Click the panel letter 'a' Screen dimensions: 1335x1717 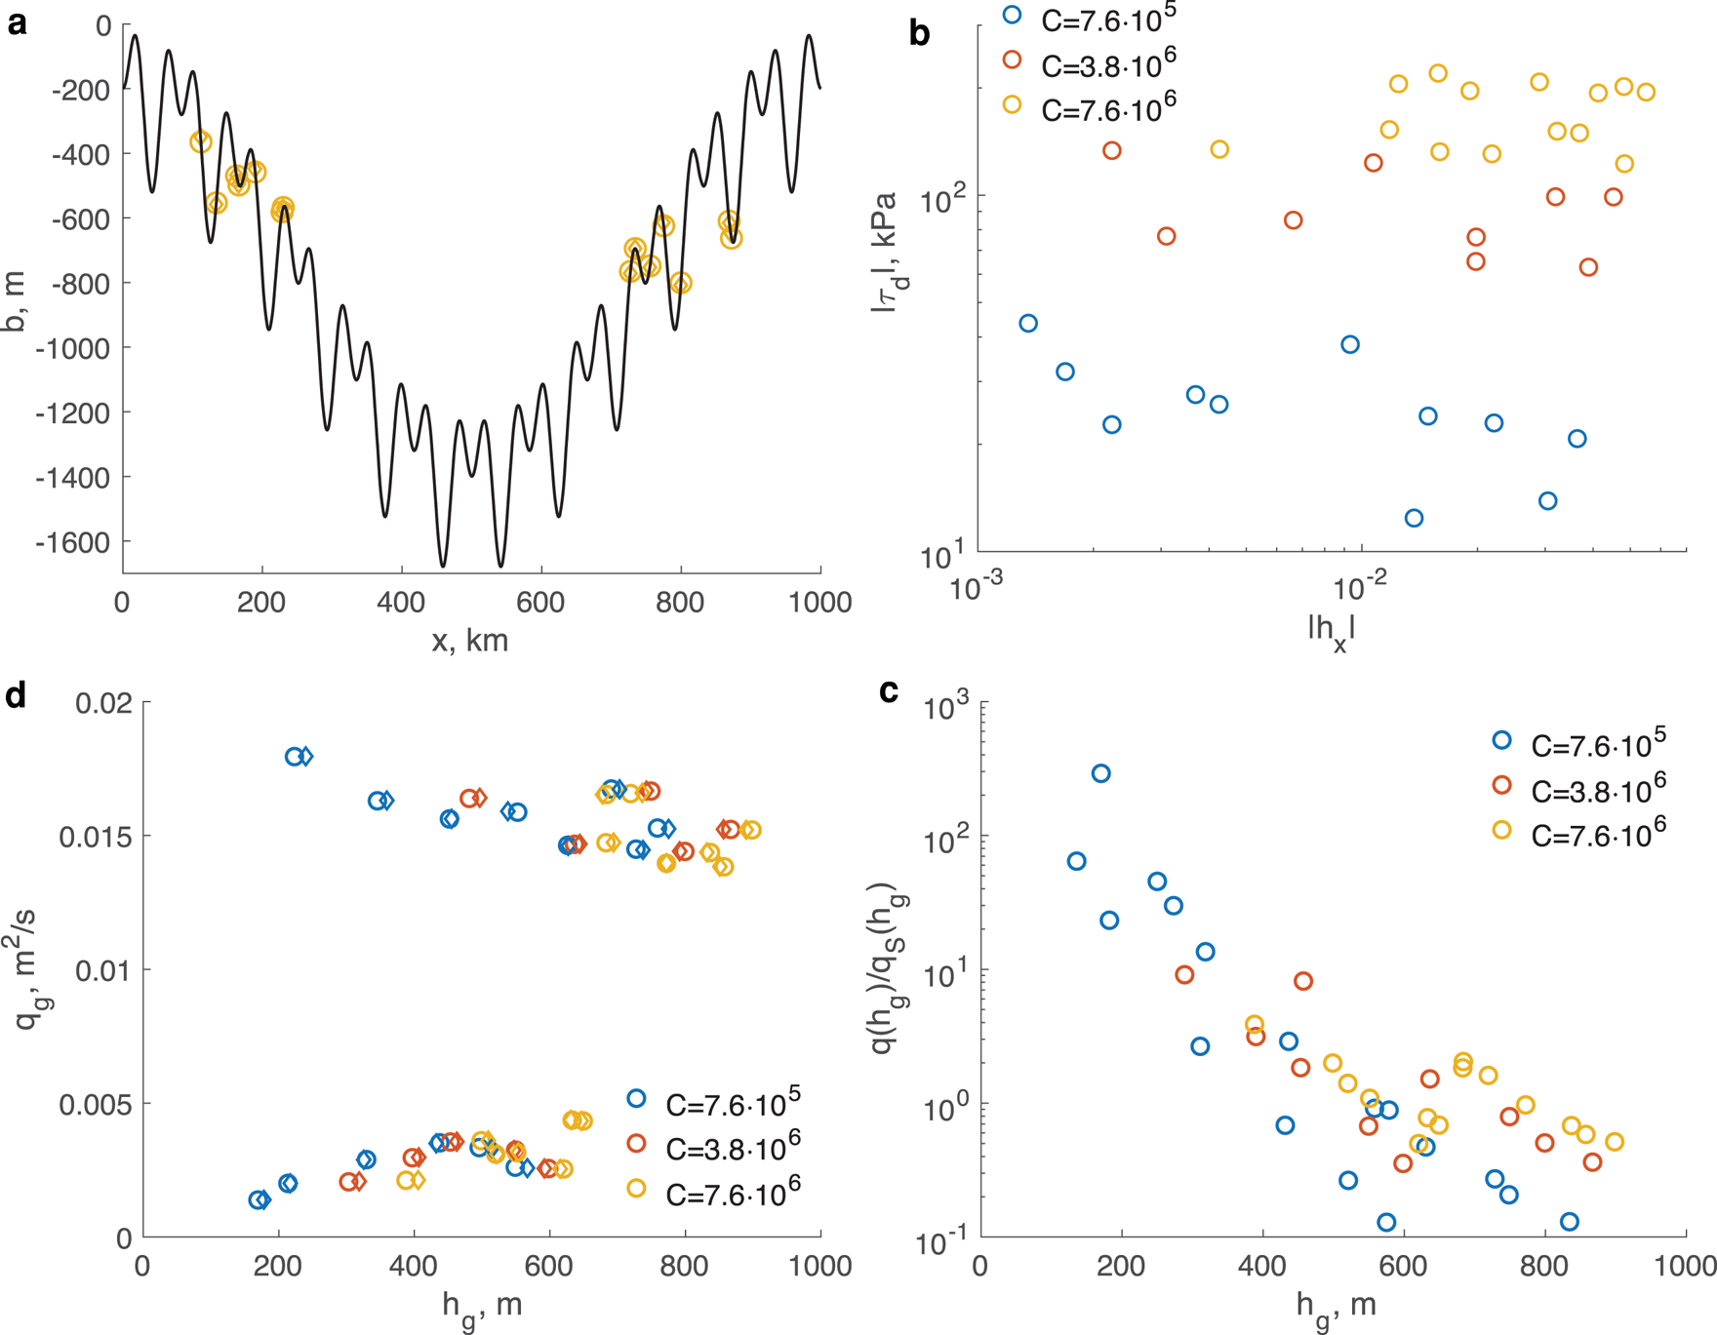(17, 23)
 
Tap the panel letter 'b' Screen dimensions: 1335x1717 (919, 34)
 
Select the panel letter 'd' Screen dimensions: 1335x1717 (17, 694)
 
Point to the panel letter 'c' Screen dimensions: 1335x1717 (889, 690)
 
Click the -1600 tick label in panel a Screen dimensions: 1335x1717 (73, 543)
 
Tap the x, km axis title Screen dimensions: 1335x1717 (469, 641)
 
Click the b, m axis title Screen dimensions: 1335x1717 (15, 302)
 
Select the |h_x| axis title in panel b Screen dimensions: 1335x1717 (1332, 632)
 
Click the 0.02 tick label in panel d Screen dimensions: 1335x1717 (102, 703)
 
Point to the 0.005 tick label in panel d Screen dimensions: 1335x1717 (96, 1105)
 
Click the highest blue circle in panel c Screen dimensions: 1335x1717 (1100, 773)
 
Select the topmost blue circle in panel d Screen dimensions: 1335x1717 (295, 757)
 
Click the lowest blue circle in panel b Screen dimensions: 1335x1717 (1414, 518)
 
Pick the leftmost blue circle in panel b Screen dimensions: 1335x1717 (1027, 324)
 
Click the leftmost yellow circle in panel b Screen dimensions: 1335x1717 (1219, 149)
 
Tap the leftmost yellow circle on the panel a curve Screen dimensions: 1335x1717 (200, 142)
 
